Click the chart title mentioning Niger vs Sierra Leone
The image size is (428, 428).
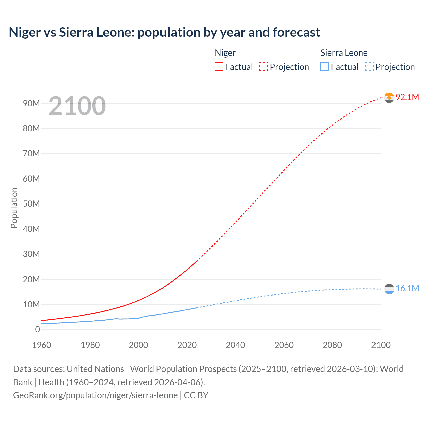(164, 32)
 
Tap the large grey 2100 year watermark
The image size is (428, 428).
(77, 106)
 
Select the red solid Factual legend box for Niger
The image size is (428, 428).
(219, 67)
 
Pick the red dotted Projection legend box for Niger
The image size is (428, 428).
(263, 67)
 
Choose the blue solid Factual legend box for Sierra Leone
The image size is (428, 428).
(324, 67)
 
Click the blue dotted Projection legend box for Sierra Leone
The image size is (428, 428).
(369, 67)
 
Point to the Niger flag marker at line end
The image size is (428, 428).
(389, 98)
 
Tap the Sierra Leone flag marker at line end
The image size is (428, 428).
(389, 289)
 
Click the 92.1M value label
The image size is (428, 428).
(407, 97)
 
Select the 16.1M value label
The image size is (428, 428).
(407, 288)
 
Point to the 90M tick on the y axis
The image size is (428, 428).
(31, 103)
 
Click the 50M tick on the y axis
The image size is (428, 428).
(31, 204)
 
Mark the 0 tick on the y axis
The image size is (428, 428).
(37, 329)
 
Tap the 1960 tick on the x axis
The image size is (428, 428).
(42, 345)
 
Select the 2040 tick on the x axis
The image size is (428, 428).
(235, 345)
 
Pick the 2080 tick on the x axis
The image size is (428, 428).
(332, 345)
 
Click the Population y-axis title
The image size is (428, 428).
(14, 208)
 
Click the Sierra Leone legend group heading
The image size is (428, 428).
(344, 53)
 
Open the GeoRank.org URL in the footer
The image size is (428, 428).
(95, 395)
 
